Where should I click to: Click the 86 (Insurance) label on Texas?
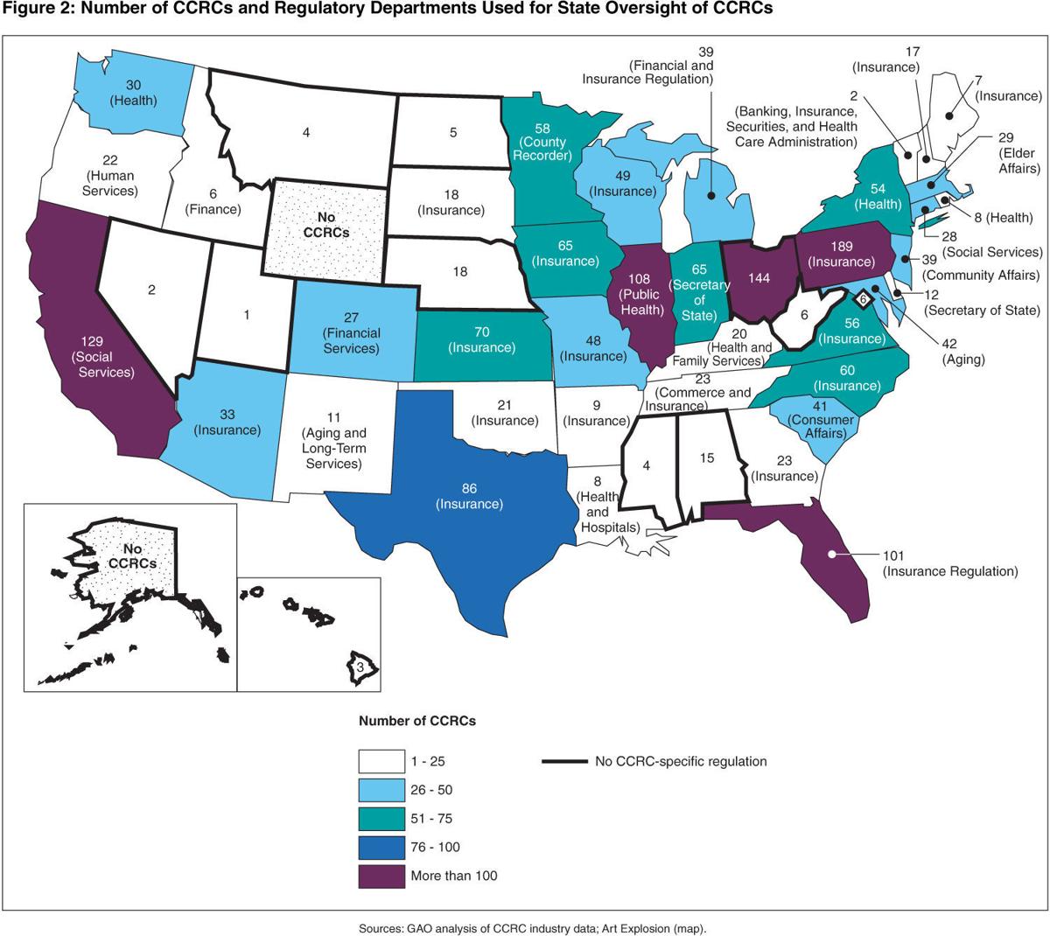[x=470, y=496]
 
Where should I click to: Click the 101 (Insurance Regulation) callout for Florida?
[x=950, y=563]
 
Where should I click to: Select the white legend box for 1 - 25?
[x=381, y=762]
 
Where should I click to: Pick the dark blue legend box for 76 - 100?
[x=381, y=847]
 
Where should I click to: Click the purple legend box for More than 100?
[x=381, y=875]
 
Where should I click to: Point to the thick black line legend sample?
[x=563, y=762]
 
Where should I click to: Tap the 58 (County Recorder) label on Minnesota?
[x=542, y=142]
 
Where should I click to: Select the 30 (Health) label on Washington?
[x=133, y=93]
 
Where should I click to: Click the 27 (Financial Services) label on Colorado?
[x=351, y=333]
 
